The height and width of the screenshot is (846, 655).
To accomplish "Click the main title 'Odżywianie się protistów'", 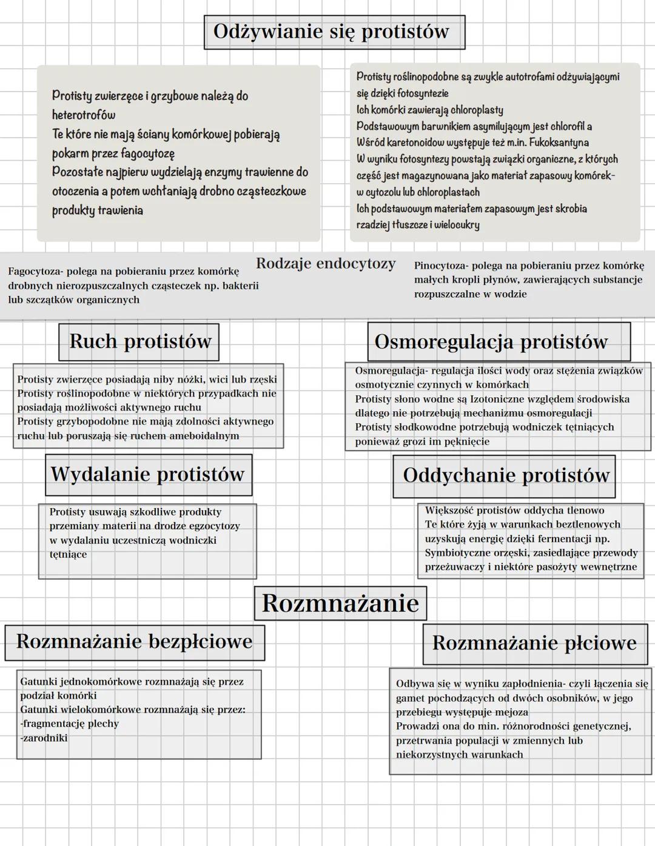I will pyautogui.click(x=331, y=32).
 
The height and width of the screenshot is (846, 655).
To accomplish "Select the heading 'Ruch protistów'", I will pyautogui.click(x=140, y=341).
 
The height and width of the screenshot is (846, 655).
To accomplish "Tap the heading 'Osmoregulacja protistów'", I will pyautogui.click(x=491, y=341).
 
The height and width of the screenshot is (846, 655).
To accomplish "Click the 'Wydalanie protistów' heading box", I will pyautogui.click(x=147, y=474).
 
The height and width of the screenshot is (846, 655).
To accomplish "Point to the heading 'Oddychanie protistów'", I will pyautogui.click(x=505, y=475).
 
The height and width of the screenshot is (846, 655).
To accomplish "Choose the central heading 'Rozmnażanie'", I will pyautogui.click(x=340, y=603).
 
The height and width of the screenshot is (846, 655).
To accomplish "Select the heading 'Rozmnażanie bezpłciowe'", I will pyautogui.click(x=134, y=642).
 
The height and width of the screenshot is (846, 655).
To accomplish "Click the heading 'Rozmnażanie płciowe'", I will pyautogui.click(x=534, y=643).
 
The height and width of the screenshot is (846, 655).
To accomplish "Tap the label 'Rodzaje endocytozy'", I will pyautogui.click(x=326, y=264).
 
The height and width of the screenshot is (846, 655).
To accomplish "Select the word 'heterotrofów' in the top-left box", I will pyautogui.click(x=84, y=115).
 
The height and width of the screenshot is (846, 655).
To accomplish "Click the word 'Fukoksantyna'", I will pyautogui.click(x=559, y=143).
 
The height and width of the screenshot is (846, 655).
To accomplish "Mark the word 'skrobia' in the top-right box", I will pyautogui.click(x=571, y=209).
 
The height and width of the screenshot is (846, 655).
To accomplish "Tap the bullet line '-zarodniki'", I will pyautogui.click(x=44, y=738).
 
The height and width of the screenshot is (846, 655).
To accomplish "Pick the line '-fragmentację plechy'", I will pyautogui.click(x=69, y=723).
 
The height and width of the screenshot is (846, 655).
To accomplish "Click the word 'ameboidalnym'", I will pyautogui.click(x=204, y=436).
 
